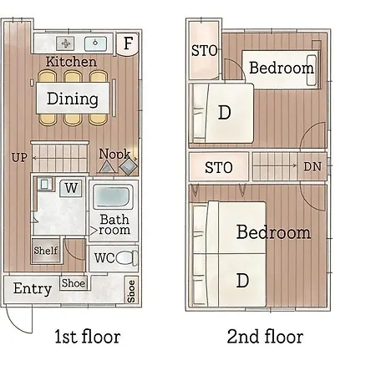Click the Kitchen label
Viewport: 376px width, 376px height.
[x=71, y=62]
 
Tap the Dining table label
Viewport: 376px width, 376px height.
[x=73, y=99]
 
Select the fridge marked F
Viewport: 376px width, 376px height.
[x=127, y=43]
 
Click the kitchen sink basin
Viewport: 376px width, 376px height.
[x=95, y=43]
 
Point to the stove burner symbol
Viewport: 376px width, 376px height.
[x=66, y=43]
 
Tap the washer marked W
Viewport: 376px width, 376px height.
[x=71, y=188]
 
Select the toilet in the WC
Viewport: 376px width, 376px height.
[x=127, y=257]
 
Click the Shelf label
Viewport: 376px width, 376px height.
[x=46, y=251]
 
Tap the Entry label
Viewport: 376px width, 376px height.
[x=33, y=288]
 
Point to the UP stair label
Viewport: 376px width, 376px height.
[x=19, y=158]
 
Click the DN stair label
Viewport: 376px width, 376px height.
[x=312, y=166]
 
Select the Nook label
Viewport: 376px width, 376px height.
[x=114, y=154]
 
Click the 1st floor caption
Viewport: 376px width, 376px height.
[x=88, y=337]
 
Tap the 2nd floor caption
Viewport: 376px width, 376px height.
[x=265, y=337]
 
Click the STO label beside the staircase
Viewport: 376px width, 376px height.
[x=219, y=167]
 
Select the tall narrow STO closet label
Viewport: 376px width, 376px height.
[x=204, y=51]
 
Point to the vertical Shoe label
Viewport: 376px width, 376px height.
[x=131, y=291]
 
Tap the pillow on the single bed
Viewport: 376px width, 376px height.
[x=312, y=70]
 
